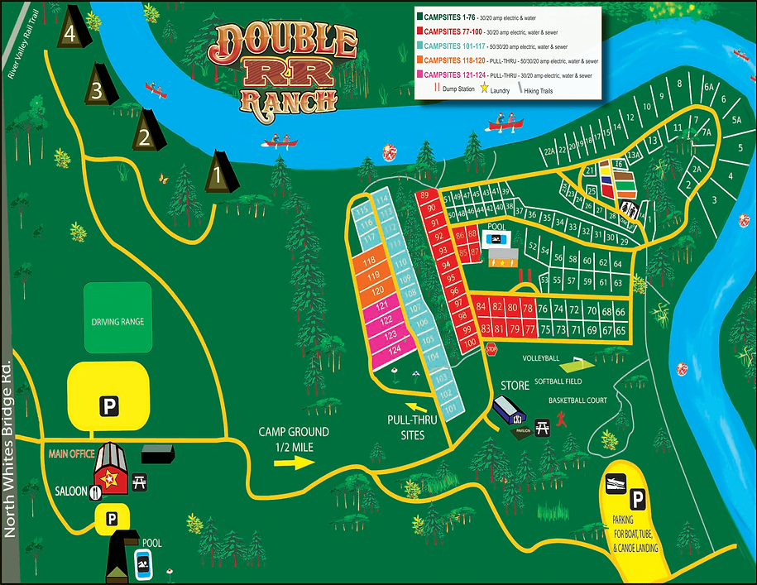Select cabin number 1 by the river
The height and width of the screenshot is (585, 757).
(x=219, y=175)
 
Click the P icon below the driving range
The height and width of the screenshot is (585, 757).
(x=108, y=405)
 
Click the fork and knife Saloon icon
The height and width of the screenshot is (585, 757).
(x=96, y=491)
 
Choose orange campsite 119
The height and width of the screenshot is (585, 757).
(x=374, y=276)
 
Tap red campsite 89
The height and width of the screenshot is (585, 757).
(x=427, y=195)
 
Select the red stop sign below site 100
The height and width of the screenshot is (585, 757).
(x=490, y=350)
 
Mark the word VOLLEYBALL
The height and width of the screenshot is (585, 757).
(x=540, y=358)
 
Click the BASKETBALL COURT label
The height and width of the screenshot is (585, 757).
(x=578, y=400)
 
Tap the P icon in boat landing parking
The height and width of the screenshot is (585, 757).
(x=638, y=499)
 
